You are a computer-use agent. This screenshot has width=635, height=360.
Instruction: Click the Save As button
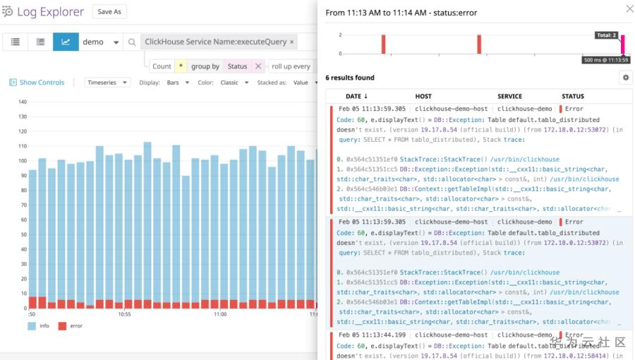pos(109,12)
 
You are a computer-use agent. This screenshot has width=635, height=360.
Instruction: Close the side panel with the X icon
pos(629,9)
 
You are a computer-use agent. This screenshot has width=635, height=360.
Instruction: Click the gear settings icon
pos(625,78)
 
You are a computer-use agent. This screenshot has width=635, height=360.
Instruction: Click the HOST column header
pos(423,96)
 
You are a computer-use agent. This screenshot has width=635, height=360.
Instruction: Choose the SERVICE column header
pos(509,96)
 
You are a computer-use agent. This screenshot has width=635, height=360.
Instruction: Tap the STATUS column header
pos(573,96)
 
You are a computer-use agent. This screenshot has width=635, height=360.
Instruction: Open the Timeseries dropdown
pos(107,83)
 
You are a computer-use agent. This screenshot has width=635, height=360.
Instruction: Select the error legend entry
pos(71,326)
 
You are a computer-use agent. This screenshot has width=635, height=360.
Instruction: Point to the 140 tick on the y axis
pos(22,102)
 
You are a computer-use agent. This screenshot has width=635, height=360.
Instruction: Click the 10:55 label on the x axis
pos(124,314)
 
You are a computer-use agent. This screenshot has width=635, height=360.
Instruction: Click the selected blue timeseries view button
pos(66,42)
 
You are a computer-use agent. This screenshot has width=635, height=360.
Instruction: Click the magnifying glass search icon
pos(132,42)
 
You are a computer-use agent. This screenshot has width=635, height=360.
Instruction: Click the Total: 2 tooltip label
pos(605,35)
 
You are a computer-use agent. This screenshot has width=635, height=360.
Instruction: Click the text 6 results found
pos(350,78)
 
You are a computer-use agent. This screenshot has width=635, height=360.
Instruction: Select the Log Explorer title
pos(50,12)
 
